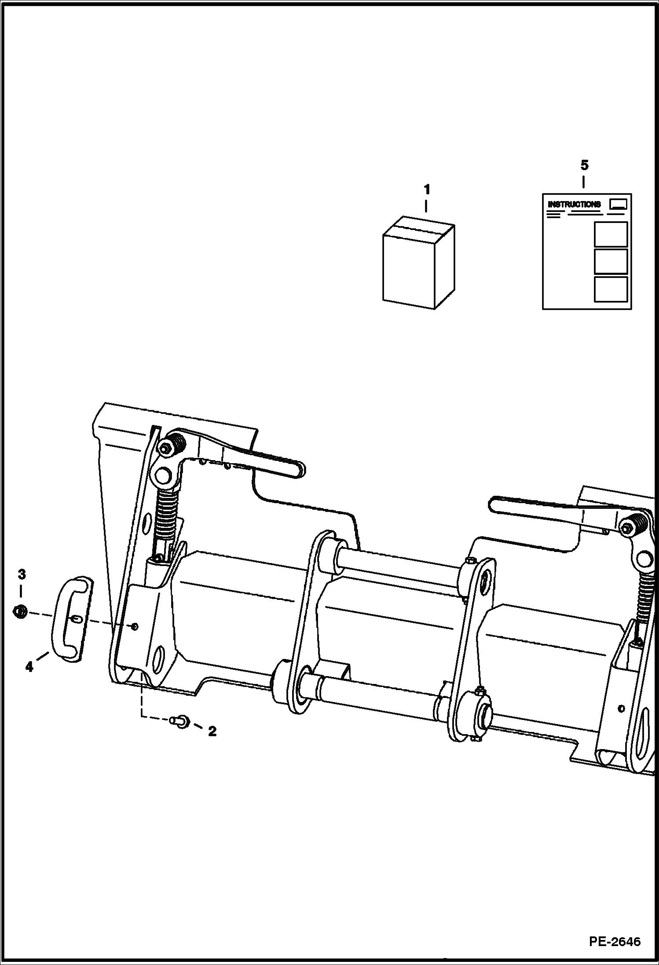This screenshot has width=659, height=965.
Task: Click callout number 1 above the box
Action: pos(426,190)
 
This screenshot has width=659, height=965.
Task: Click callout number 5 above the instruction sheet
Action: pos(584,166)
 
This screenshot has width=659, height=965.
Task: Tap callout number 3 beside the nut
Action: pos(22,574)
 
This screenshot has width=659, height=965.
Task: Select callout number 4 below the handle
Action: pos(29,667)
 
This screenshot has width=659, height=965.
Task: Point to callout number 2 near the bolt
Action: pos(212,731)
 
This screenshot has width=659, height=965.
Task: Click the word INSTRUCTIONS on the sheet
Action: pos(574,205)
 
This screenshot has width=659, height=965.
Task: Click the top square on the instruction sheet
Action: pos(611,234)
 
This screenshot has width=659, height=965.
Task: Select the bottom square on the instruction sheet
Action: pos(611,289)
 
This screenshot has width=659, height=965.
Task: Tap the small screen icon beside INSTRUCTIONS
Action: pos(618,204)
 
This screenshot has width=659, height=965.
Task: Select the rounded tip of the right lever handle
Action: pos(494,505)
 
